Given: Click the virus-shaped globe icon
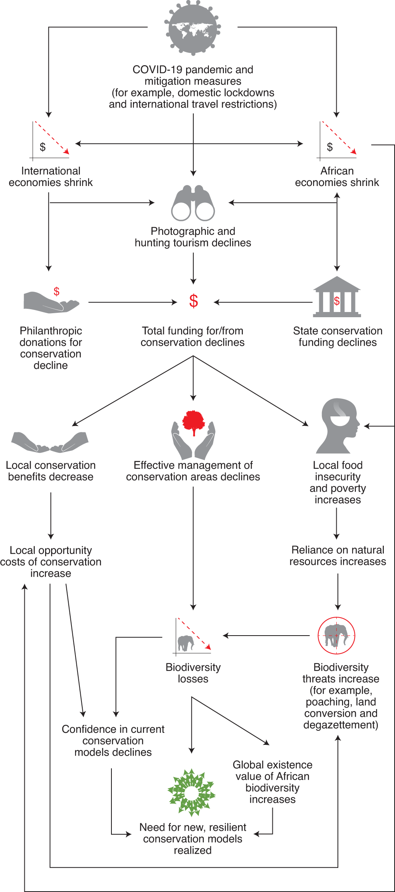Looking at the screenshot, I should coord(193,28).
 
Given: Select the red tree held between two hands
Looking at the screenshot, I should coord(194,422).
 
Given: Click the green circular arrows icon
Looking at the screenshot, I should coord(192,792).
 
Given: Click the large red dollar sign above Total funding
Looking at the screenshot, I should coord(194,301).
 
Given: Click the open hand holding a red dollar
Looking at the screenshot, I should coord(51,302).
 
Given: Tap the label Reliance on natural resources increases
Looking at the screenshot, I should coord(338,556).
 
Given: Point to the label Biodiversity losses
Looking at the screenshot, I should coord(193,673).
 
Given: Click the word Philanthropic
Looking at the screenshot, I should coord(51,331).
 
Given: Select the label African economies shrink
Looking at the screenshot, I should coord(337,176).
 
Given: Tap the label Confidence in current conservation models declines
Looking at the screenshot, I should coord(113,740).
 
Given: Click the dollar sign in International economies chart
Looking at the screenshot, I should coord(43,147).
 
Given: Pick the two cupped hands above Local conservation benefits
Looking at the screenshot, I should coord(50,442).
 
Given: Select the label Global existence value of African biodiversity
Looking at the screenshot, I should coord(272,782).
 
